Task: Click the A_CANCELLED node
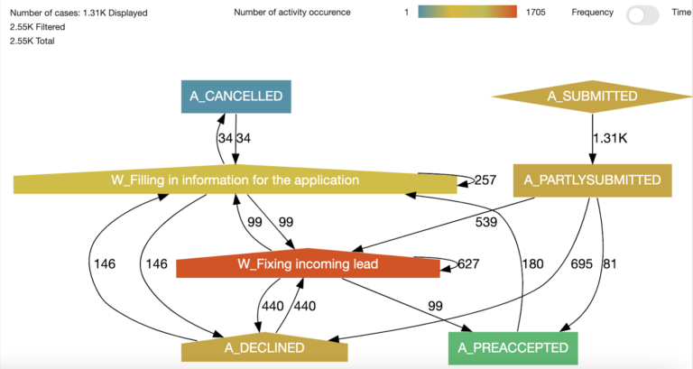pyautogui.click(x=236, y=95)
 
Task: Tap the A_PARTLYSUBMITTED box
pyautogui.click(x=593, y=180)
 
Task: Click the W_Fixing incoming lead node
pyautogui.click(x=307, y=264)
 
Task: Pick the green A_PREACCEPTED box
pyautogui.click(x=513, y=347)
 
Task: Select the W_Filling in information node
pyautogui.click(x=235, y=180)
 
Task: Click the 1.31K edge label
pyautogui.click(x=609, y=138)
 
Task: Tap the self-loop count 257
pyautogui.click(x=485, y=180)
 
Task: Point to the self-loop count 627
pyautogui.click(x=467, y=264)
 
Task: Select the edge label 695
pyautogui.click(x=582, y=264)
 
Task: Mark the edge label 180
pyautogui.click(x=534, y=264)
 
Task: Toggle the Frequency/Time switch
pyautogui.click(x=642, y=14)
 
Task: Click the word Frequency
pyautogui.click(x=592, y=13)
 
